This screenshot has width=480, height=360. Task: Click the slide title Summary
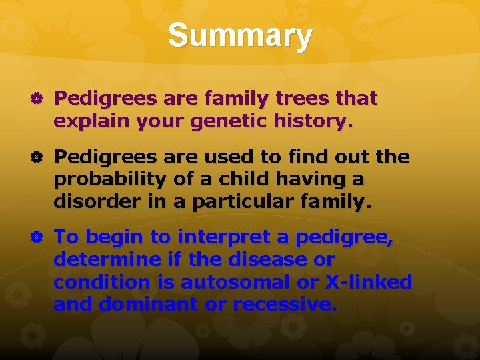[x=239, y=36]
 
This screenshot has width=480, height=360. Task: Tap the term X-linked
[x=368, y=282]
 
